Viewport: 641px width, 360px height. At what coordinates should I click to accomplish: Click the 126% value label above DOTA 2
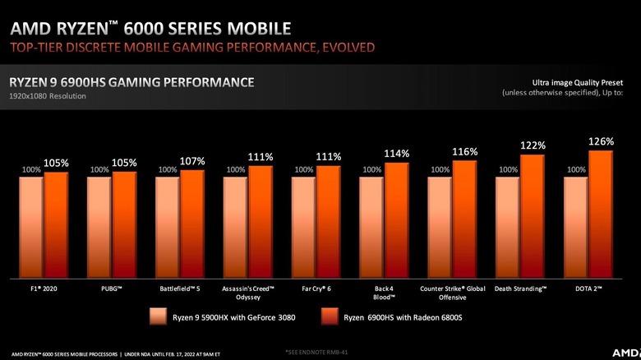coord(601,142)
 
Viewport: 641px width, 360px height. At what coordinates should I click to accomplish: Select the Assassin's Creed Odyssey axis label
coord(249,293)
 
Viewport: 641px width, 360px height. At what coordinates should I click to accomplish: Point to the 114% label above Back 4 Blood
coord(396,154)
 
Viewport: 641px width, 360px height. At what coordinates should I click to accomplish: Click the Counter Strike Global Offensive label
coord(453,293)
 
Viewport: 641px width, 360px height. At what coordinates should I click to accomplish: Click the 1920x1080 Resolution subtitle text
coord(48,96)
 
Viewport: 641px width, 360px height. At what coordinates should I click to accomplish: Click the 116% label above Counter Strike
coord(464,152)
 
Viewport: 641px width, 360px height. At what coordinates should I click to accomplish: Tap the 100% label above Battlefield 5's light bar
coord(168,170)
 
